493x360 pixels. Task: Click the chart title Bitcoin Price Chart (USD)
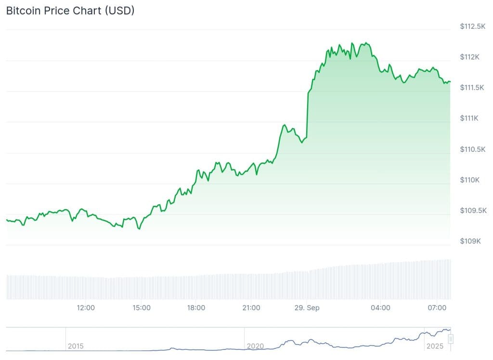coord(70,11)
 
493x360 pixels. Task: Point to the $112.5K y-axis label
coord(473,26)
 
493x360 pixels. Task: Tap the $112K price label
coord(470,57)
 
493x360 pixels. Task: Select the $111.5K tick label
coord(473,88)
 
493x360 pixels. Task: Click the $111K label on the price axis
coord(470,118)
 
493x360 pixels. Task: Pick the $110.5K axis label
coord(473,149)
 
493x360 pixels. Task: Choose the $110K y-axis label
coord(470,180)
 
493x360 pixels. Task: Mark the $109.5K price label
coord(473,211)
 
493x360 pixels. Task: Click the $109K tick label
coord(470,241)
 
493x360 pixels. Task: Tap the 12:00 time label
coord(86,307)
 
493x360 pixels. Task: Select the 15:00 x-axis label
coord(142,307)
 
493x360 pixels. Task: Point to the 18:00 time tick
coord(196,307)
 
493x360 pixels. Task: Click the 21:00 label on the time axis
coord(251,307)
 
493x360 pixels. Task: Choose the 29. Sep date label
coord(307,307)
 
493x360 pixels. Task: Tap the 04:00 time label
coord(380,307)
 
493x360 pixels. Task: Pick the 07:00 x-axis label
coord(436,307)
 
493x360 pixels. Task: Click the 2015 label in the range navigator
coord(76,346)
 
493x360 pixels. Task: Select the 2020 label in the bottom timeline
coord(255,346)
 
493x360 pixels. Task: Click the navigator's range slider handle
coord(451,339)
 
